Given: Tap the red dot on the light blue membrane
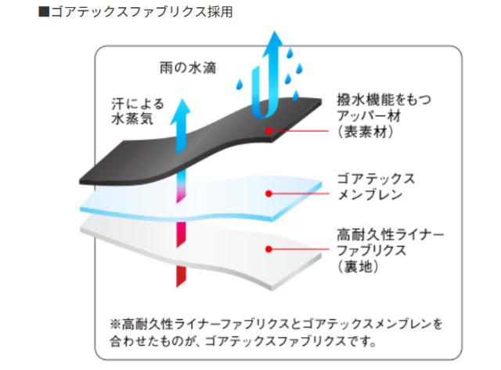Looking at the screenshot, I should pos(269,192).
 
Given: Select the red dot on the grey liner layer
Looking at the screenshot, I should pos(269,248).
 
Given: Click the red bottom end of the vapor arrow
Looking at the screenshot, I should pos(182,274).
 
